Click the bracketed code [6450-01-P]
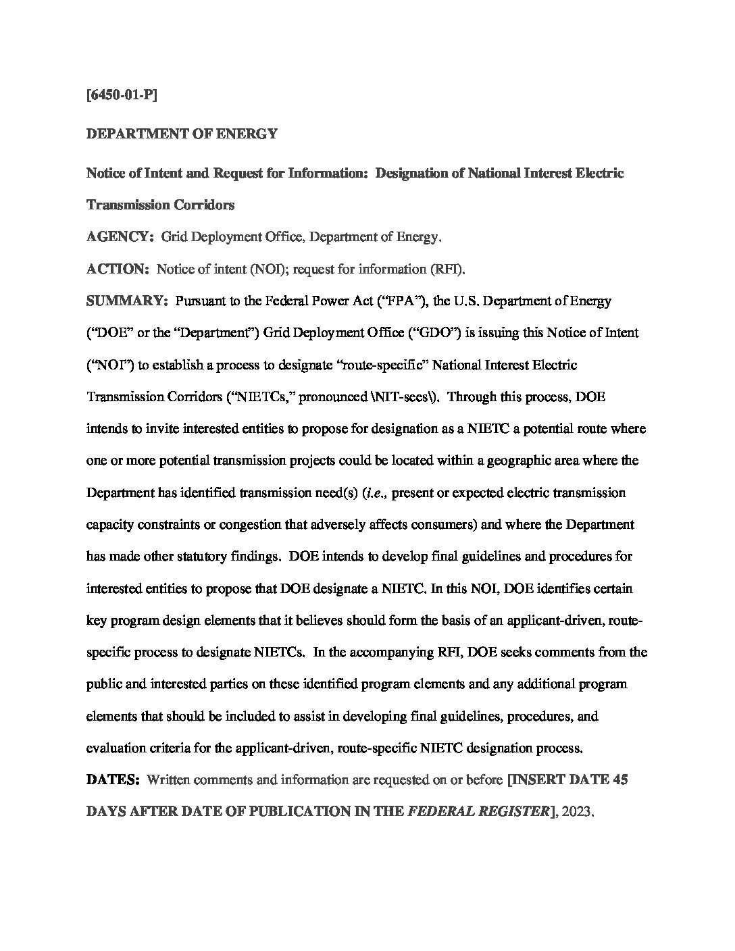tap(122, 95)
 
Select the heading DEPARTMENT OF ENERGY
tap(182, 134)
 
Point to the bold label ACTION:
tap(118, 269)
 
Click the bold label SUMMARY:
tap(127, 301)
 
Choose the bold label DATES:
tap(113, 780)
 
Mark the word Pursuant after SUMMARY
tap(200, 301)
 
